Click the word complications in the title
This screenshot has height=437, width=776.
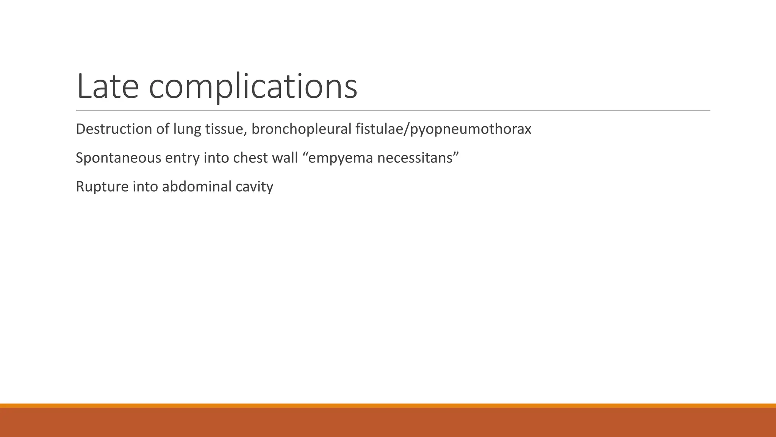[x=253, y=87]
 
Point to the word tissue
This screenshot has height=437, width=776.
[x=226, y=129]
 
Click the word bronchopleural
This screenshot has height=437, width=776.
[x=302, y=130]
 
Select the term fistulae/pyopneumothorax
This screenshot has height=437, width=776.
[x=443, y=130]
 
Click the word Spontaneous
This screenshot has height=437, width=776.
[x=119, y=158]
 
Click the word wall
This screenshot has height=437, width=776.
[x=285, y=158]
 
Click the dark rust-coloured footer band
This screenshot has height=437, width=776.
[x=388, y=423]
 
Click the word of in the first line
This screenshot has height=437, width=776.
[x=163, y=129]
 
